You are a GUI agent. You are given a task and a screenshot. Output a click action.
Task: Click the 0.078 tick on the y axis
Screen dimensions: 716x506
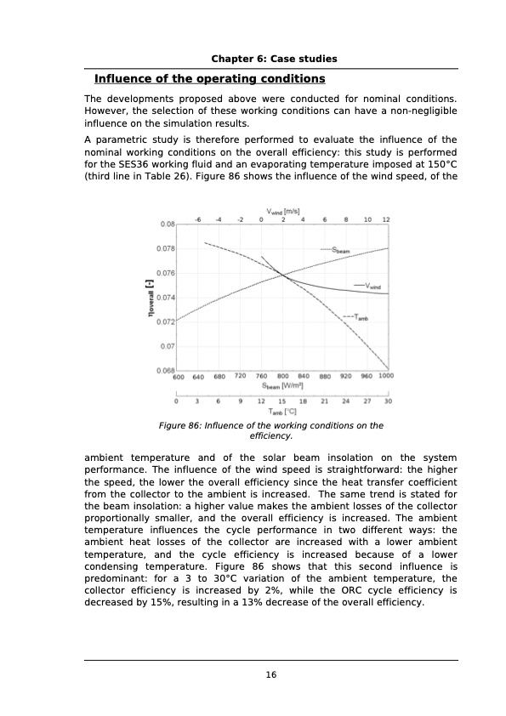[x=164, y=248]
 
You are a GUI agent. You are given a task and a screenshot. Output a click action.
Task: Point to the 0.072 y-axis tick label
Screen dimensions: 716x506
[x=164, y=321]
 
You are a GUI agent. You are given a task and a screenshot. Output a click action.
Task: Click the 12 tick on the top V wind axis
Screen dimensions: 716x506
[x=386, y=219]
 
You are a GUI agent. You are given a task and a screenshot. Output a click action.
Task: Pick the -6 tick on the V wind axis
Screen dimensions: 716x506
[x=197, y=219]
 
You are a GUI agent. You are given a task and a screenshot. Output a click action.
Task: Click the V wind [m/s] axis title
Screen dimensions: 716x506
[x=283, y=210]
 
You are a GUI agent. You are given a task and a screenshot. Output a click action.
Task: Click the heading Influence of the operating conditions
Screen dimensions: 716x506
[x=209, y=79]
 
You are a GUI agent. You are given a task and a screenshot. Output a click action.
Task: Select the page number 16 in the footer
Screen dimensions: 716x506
[x=270, y=674]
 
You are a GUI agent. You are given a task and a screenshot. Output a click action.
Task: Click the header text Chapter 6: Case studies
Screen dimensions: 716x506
[x=274, y=59]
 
